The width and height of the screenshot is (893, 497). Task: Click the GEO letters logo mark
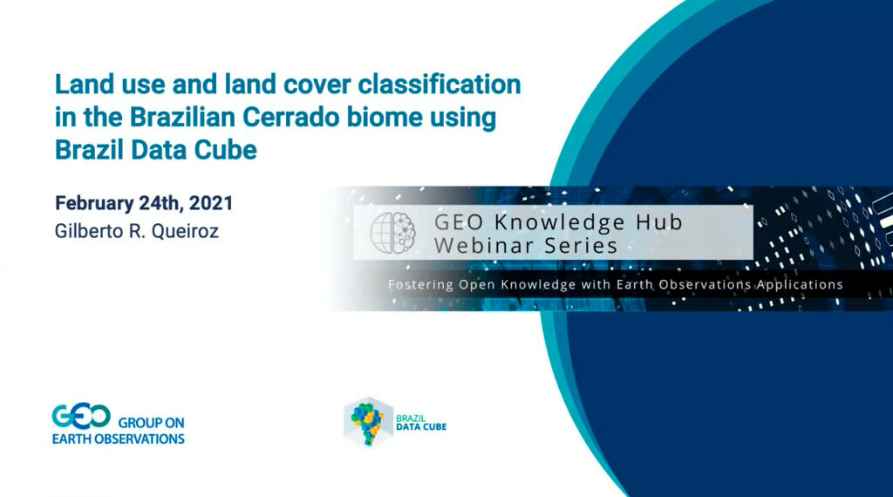point(81,417)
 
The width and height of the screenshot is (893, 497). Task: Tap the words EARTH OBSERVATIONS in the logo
point(118,439)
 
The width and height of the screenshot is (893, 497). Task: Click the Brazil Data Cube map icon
point(366,422)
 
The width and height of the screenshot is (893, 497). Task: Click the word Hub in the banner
point(658,221)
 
